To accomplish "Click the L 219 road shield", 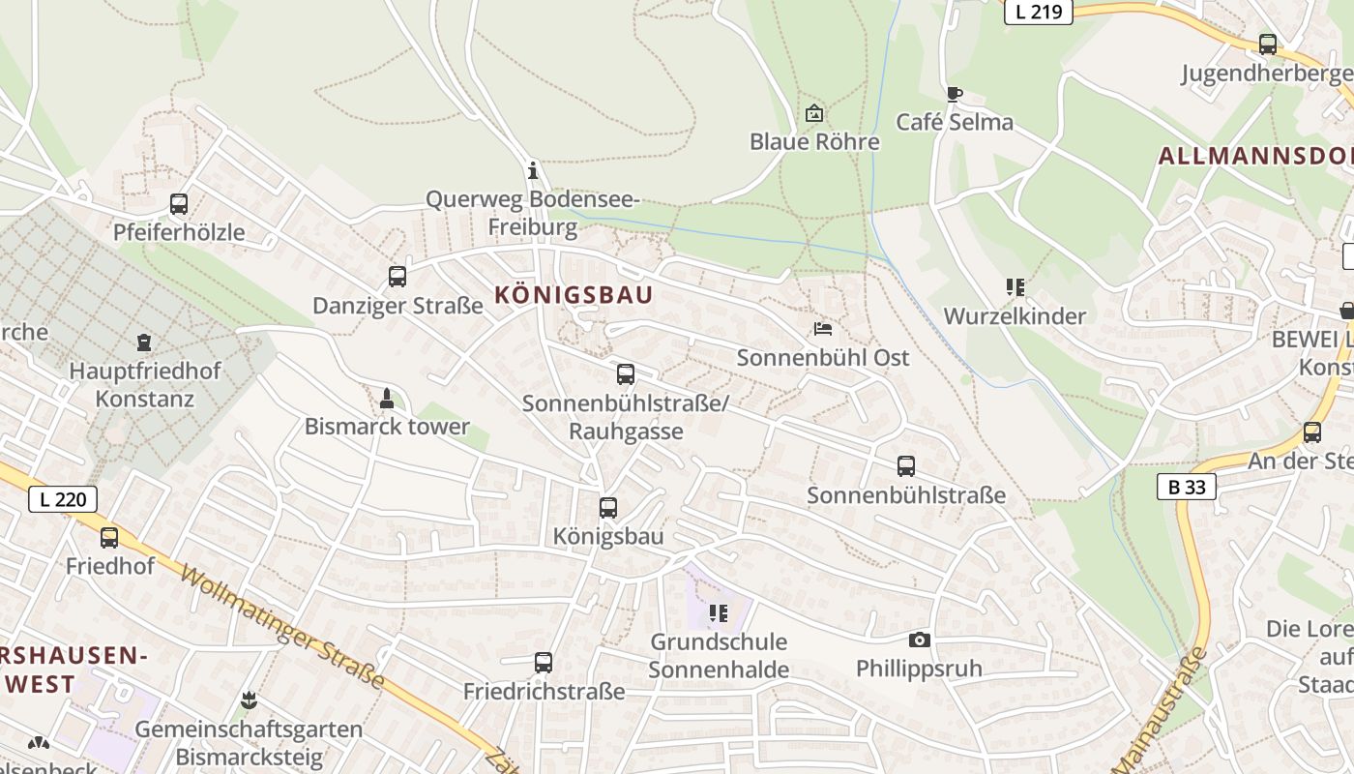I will tap(1039, 13).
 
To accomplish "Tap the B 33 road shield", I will tap(1187, 487).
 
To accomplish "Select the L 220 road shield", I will tap(63, 499).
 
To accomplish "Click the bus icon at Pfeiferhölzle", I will tap(179, 204).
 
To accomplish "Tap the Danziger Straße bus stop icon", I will tap(397, 277).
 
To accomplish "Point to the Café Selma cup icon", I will tap(954, 94).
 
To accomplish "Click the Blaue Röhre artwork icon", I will tap(814, 113).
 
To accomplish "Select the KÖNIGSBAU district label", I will tap(574, 295).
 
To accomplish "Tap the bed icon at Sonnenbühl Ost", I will tap(823, 329).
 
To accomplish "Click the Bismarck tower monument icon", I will tap(387, 398).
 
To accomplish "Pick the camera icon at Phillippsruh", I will tap(920, 640).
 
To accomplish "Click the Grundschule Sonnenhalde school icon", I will tap(718, 612).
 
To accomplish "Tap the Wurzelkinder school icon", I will tap(1015, 287).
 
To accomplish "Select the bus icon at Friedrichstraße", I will tap(544, 663).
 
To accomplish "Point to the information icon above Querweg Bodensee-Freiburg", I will tap(532, 171).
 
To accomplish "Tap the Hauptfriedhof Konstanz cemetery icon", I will tap(144, 342).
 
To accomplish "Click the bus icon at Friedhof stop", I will tap(109, 538).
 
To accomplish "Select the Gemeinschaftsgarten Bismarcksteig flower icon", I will tap(250, 700).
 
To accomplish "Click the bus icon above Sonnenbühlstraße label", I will tap(906, 466).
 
